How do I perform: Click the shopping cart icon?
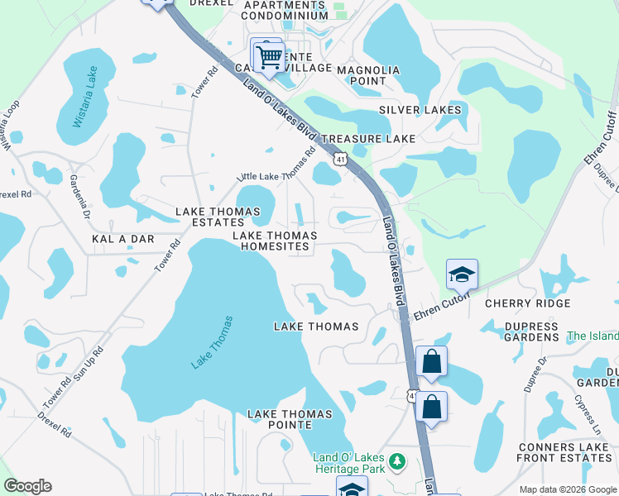[x=268, y=57]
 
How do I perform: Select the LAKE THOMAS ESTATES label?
[x=209, y=217]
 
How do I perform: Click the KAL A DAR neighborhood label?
[x=119, y=238]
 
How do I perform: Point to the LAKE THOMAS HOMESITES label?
[x=274, y=241]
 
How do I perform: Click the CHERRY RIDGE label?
[x=527, y=304]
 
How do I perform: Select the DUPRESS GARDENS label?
[x=531, y=332]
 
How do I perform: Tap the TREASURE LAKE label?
[x=368, y=139]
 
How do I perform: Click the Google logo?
[x=27, y=485]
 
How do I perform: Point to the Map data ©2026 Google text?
[x=567, y=489]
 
